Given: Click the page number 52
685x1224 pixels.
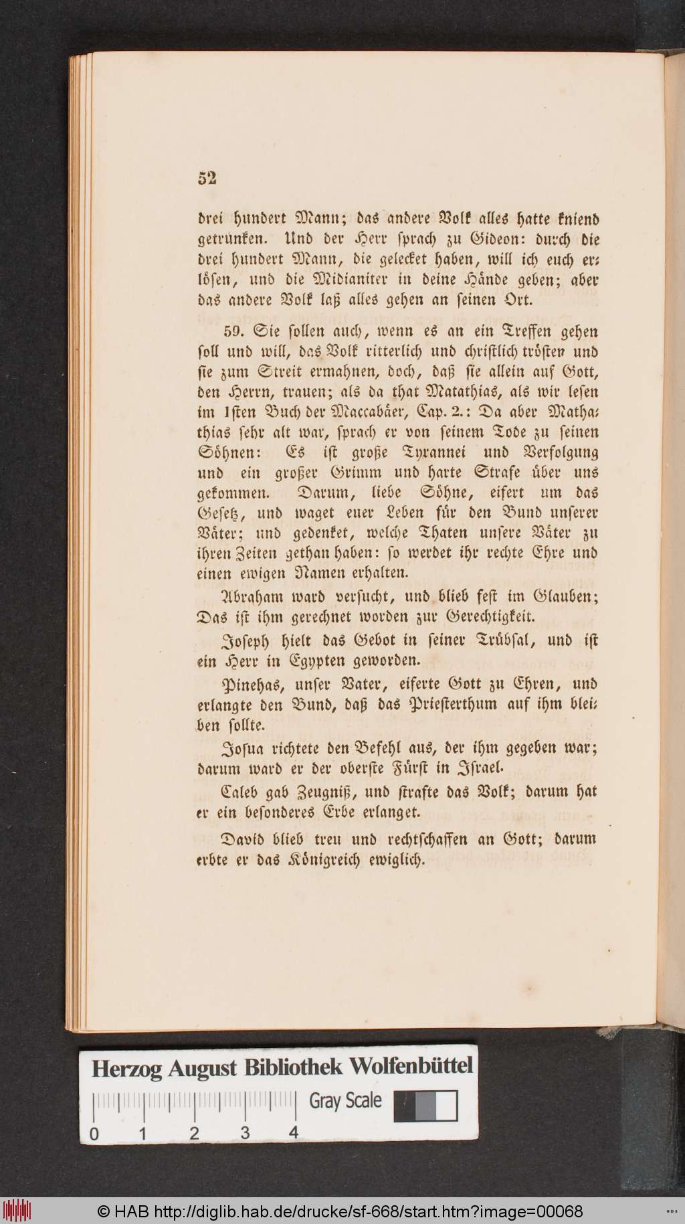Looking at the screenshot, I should pos(207,178).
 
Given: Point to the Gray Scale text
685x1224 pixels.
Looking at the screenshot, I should pos(345,1101).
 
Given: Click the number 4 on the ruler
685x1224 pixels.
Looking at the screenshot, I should pos(293,1132).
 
